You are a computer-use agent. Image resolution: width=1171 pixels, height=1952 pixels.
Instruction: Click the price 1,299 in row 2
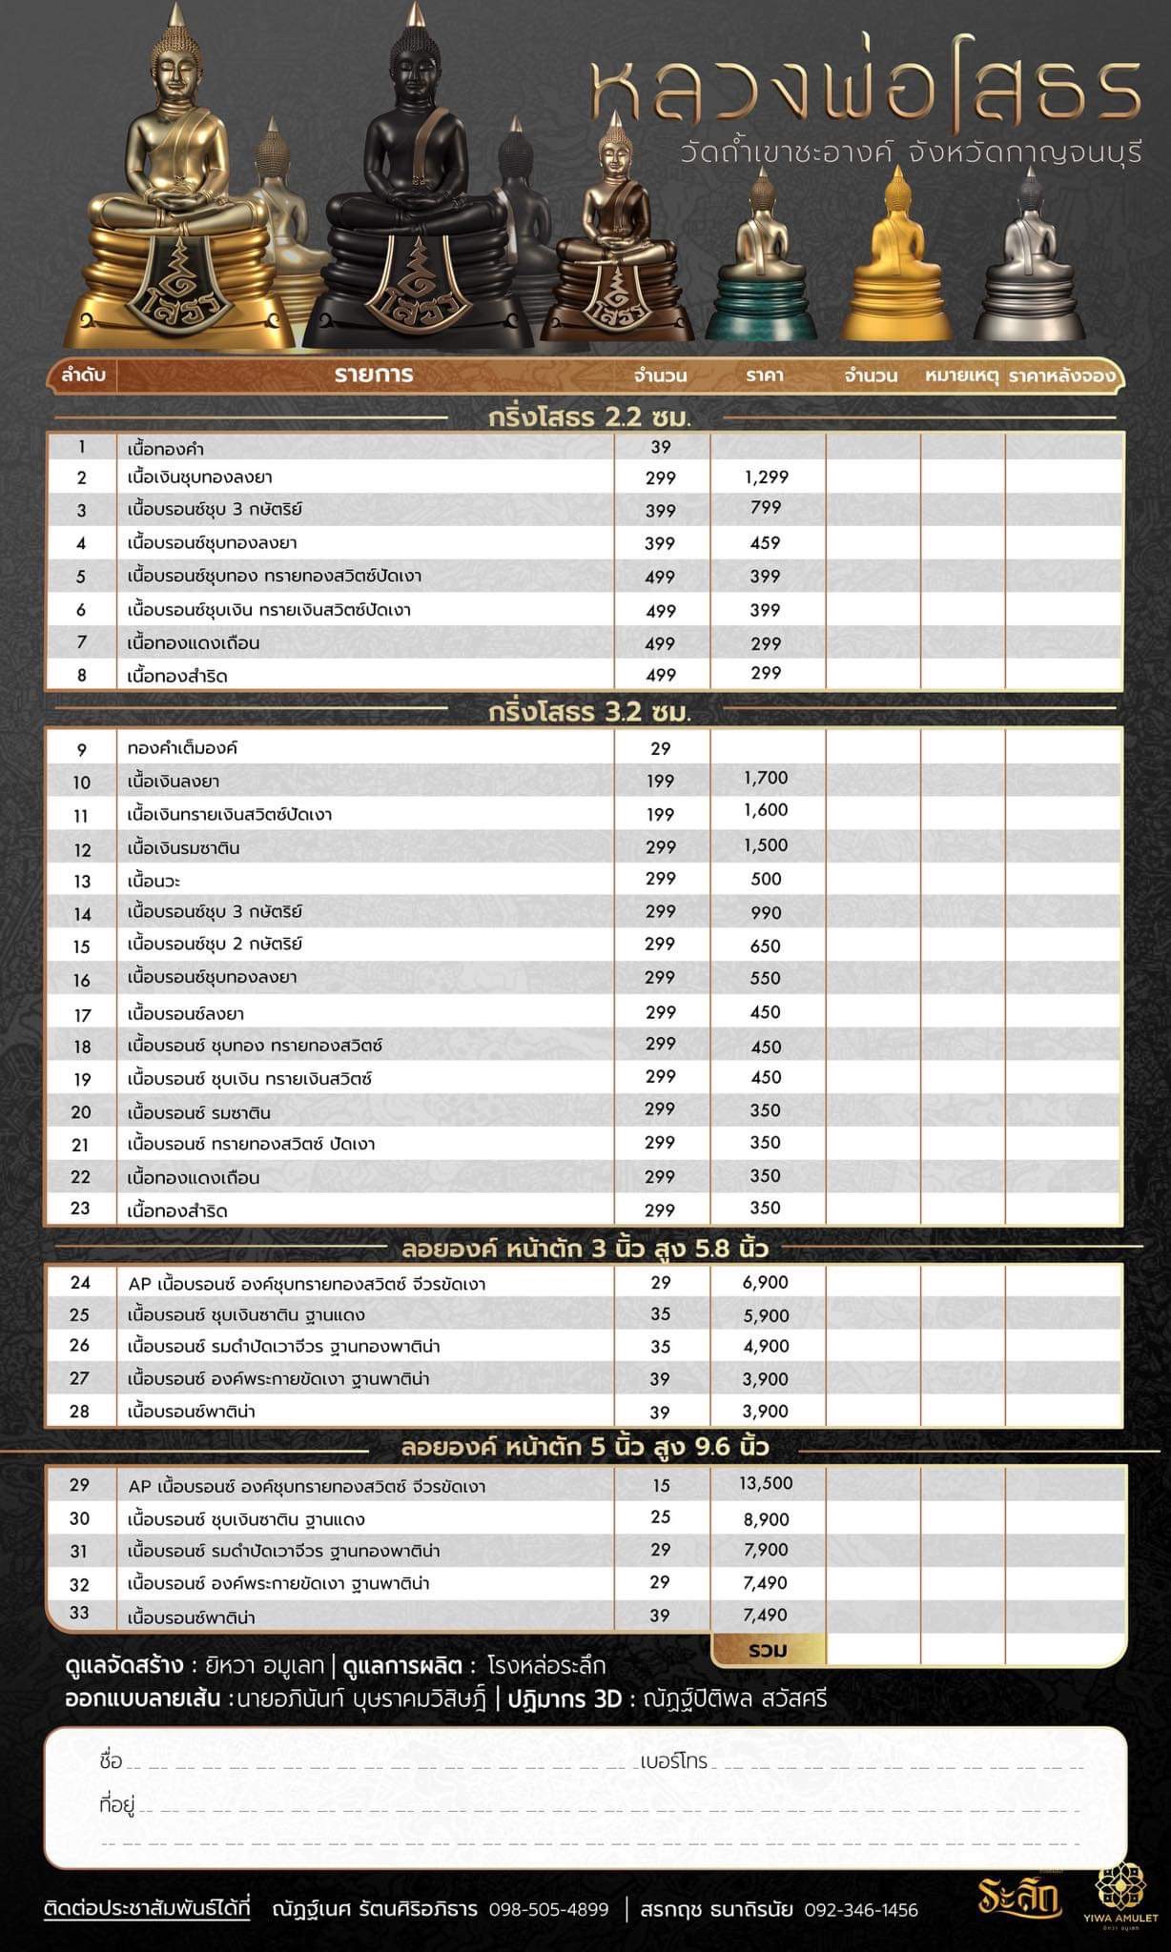click(x=766, y=478)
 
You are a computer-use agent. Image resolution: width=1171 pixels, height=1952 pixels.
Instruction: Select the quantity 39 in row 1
click(x=660, y=447)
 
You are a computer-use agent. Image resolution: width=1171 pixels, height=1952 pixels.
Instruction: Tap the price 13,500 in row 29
click(x=766, y=1483)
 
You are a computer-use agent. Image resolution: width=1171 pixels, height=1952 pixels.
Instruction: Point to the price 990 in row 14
click(x=766, y=912)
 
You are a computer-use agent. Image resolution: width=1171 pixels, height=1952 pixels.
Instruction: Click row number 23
click(x=81, y=1209)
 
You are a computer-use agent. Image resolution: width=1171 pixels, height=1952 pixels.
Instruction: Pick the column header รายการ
click(x=374, y=375)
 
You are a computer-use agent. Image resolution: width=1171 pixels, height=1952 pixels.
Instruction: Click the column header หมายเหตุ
click(x=961, y=376)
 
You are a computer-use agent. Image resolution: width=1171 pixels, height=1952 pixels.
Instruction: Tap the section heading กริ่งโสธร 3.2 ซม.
click(x=589, y=712)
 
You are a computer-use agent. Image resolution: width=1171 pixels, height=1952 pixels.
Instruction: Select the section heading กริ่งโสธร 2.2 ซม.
click(x=589, y=417)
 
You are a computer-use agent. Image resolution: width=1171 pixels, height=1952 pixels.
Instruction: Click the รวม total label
click(x=768, y=1650)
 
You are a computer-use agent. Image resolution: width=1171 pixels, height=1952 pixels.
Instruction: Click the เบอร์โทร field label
click(x=673, y=1761)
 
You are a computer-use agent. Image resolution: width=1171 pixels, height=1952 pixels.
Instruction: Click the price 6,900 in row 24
click(x=766, y=1283)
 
